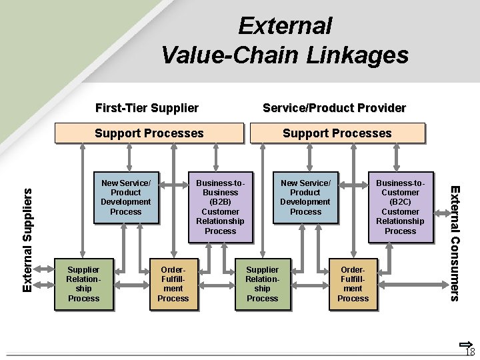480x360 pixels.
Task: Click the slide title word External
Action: [285, 26]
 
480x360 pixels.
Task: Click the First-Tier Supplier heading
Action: [147, 107]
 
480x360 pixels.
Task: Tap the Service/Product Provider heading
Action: [334, 107]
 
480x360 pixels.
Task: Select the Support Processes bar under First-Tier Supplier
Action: [149, 133]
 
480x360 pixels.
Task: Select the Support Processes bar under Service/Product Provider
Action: [337, 133]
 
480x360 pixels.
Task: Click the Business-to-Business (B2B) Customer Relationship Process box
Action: [220, 207]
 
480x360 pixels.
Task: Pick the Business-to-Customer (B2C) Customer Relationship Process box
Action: [400, 207]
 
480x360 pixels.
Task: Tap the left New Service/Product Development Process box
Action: [126, 197]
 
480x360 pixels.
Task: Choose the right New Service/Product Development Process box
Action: [305, 197]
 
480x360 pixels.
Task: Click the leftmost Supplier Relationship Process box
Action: [83, 284]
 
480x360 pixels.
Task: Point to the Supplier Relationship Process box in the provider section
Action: [263, 284]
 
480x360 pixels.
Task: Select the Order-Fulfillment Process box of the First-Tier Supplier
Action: [173, 284]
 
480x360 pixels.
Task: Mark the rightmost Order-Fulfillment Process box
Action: [353, 284]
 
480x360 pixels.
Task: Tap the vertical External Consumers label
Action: [455, 243]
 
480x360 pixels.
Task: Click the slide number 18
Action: [469, 351]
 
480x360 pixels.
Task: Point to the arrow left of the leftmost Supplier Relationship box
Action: [46, 284]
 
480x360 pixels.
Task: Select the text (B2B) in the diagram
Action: [220, 202]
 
